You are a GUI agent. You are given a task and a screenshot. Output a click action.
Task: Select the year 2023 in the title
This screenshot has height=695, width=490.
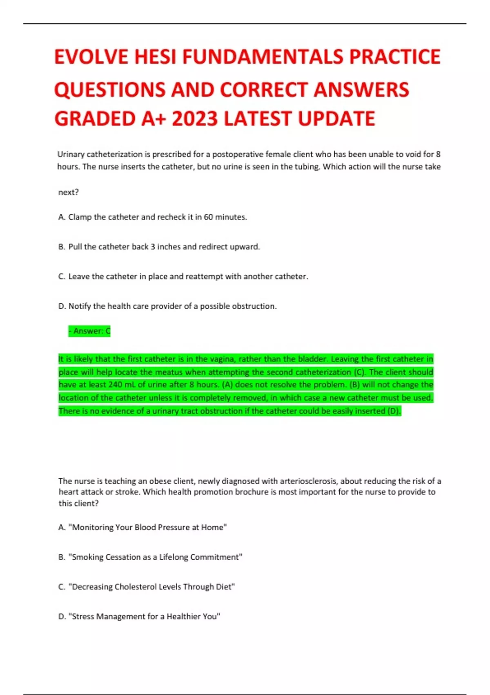pyautogui.click(x=195, y=119)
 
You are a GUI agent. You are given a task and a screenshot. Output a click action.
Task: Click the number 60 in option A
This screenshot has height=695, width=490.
pyautogui.click(x=208, y=217)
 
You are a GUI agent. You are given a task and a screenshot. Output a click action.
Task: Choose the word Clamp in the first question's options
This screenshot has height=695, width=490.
pyautogui.click(x=80, y=217)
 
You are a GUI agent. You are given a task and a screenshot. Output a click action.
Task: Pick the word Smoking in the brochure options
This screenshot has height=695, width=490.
pyautogui.click(x=87, y=557)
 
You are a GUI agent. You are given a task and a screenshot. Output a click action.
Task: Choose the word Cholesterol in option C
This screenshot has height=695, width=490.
pyautogui.click(x=135, y=587)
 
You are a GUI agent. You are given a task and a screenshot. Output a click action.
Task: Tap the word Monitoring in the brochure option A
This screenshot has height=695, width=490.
pyautogui.click(x=93, y=527)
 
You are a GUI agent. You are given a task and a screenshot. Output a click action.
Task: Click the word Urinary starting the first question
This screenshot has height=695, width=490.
pyautogui.click(x=71, y=155)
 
